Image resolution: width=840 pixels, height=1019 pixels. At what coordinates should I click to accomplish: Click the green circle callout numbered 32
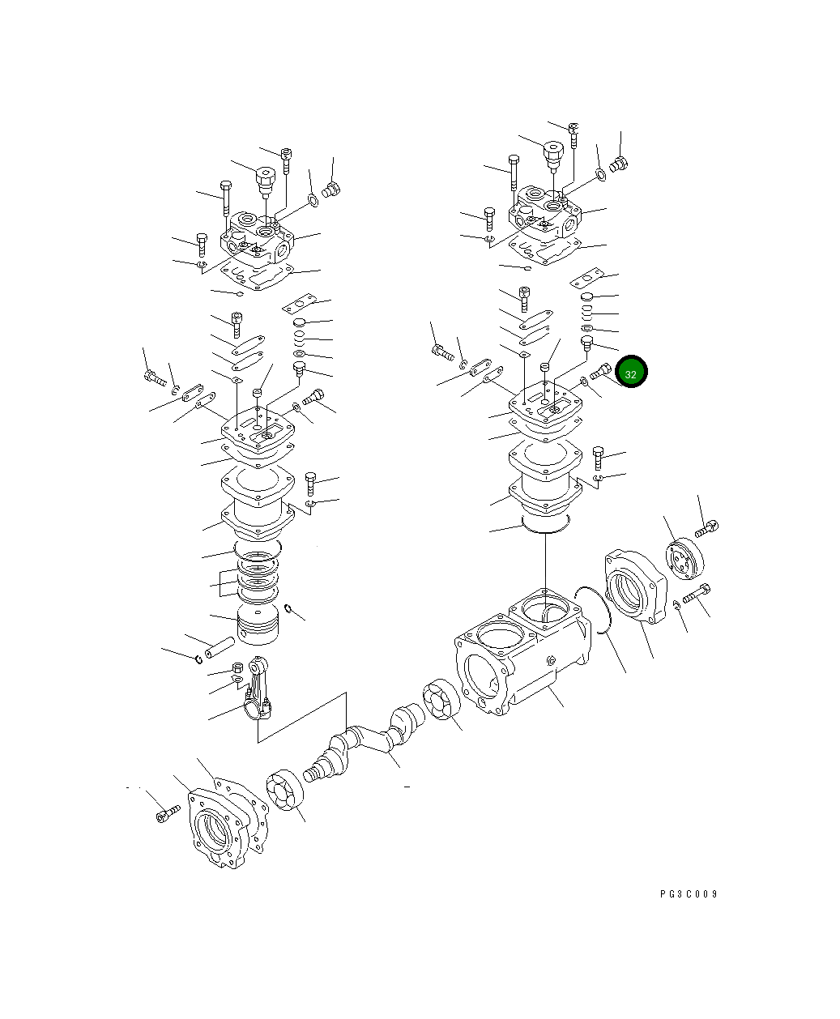pyautogui.click(x=631, y=373)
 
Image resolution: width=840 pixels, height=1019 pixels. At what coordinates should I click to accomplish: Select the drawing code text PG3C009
pyautogui.click(x=689, y=894)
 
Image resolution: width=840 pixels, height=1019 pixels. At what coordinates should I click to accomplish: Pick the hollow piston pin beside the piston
pyautogui.click(x=220, y=649)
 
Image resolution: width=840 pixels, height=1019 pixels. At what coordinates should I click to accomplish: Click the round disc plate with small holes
pyautogui.click(x=685, y=559)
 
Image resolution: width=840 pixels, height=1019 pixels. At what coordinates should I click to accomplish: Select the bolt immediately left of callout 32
pyautogui.click(x=601, y=372)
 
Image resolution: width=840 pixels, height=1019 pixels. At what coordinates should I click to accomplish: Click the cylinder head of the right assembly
pyautogui.click(x=544, y=213)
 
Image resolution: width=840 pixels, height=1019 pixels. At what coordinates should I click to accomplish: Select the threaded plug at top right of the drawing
pyautogui.click(x=620, y=164)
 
